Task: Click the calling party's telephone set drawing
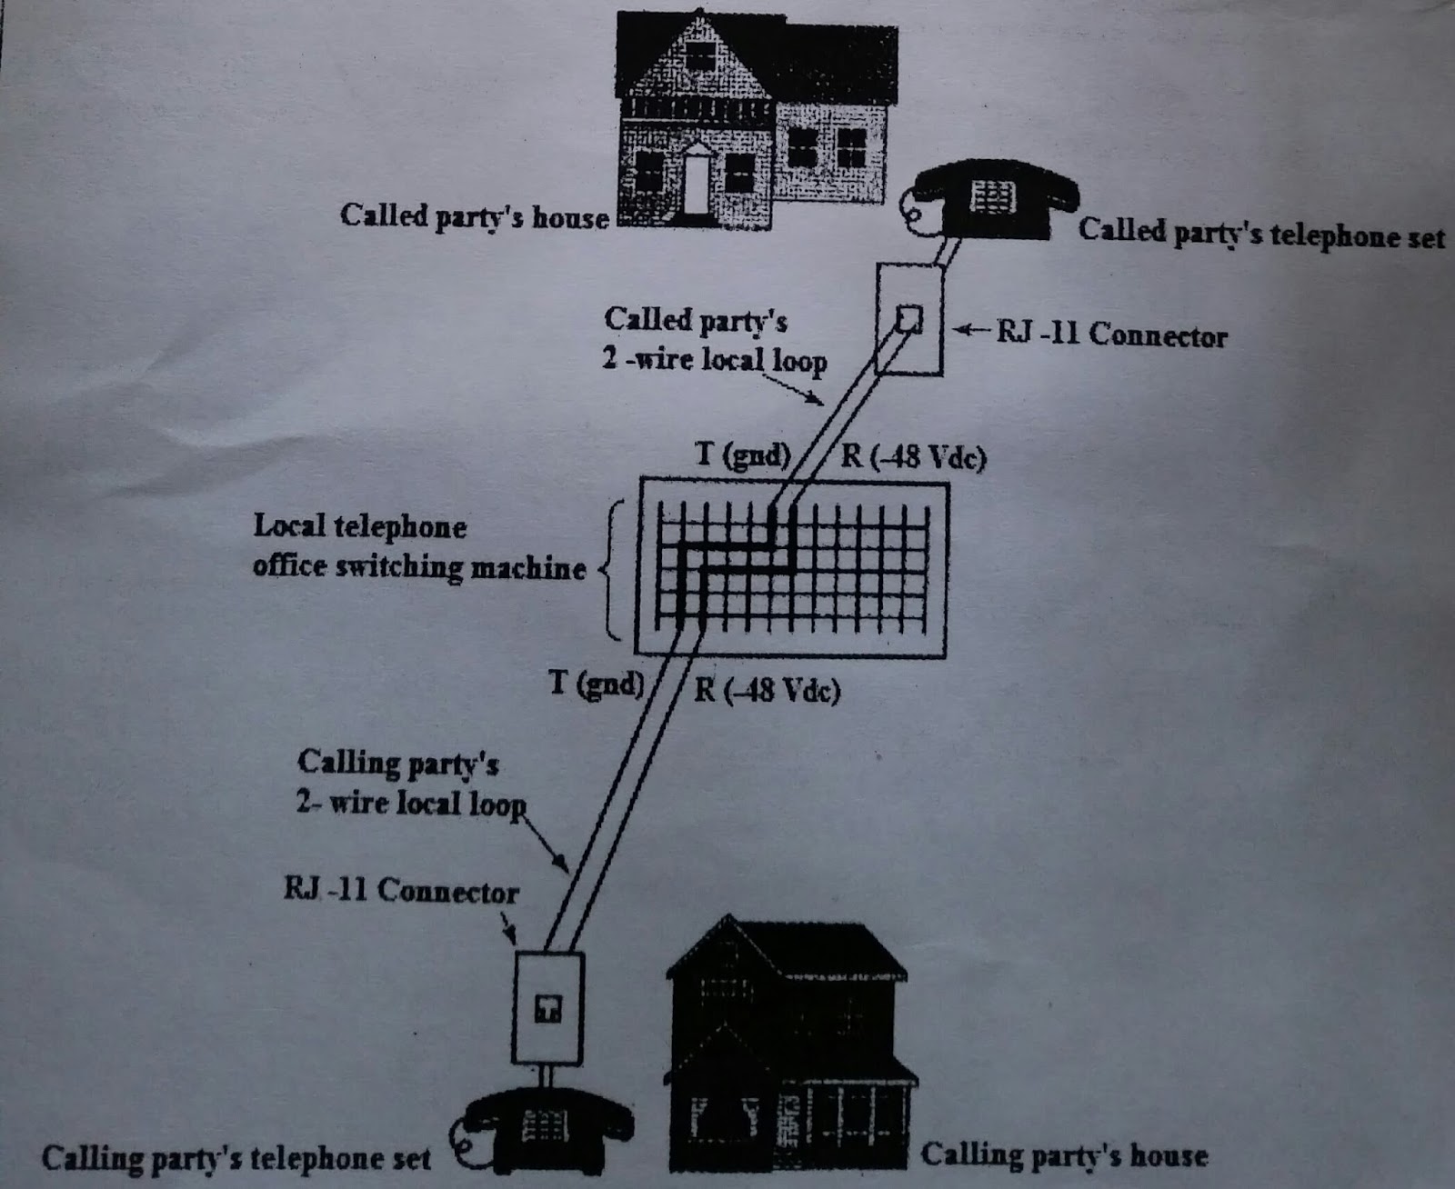click(x=547, y=1132)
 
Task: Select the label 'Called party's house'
click(x=474, y=216)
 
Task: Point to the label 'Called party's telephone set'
click(x=1260, y=233)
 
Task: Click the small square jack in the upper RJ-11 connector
click(x=909, y=318)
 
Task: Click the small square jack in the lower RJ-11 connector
click(x=547, y=1008)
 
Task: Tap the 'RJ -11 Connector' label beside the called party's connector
click(x=1111, y=334)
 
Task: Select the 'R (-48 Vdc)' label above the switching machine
click(x=912, y=455)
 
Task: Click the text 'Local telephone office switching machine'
click(x=418, y=546)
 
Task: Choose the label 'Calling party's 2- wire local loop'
click(x=410, y=783)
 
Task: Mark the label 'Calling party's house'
click(x=1064, y=1154)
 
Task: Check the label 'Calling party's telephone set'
click(x=236, y=1158)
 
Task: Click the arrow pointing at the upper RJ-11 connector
click(x=970, y=331)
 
